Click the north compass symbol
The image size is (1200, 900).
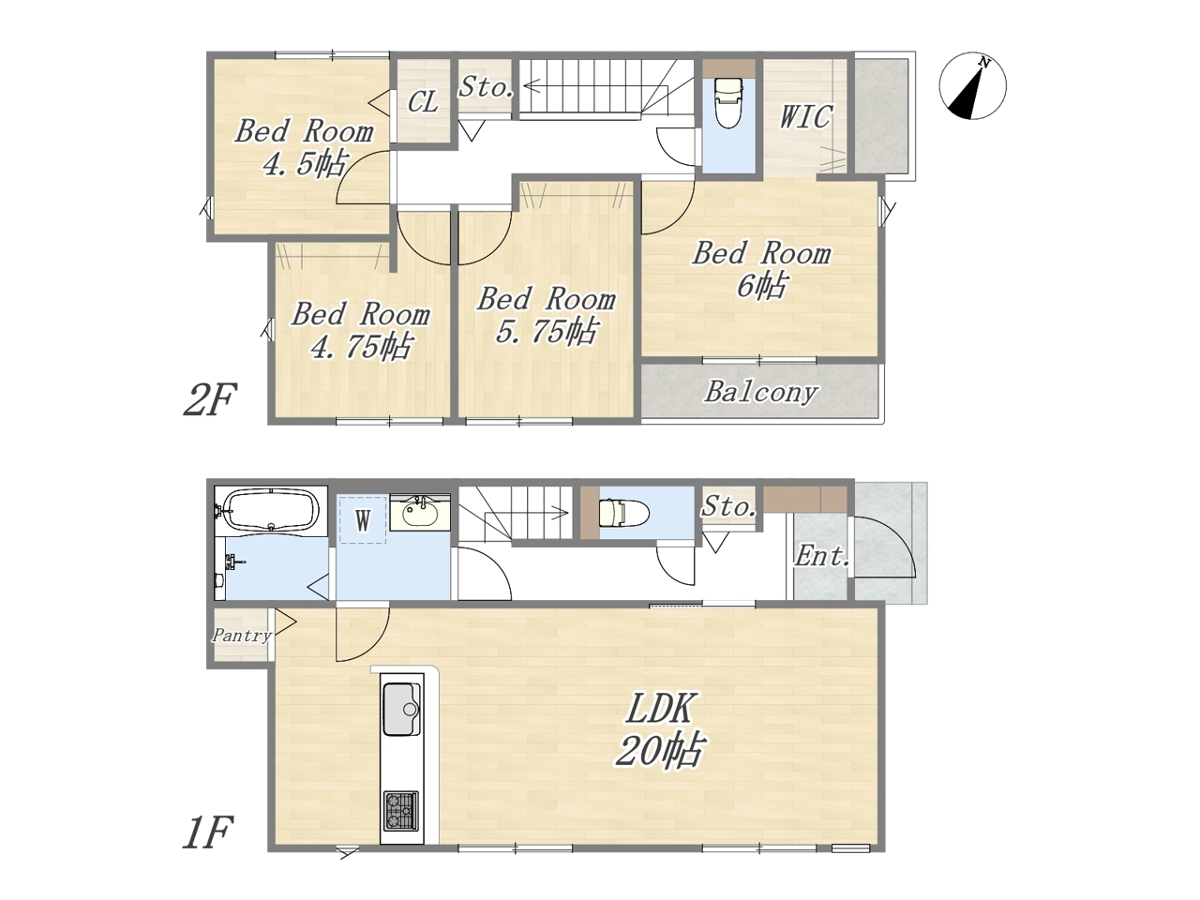972,86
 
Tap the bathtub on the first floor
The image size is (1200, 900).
272,510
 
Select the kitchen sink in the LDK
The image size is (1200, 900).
402,710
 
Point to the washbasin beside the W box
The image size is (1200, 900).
420,513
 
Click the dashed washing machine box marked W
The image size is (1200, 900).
363,519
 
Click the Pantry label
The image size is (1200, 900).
241,635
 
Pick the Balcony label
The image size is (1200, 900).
760,393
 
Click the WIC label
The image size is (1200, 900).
805,116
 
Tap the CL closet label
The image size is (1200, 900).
423,101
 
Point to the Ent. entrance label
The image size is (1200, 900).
821,557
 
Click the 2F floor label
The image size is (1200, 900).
210,399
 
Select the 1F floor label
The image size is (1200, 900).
208,832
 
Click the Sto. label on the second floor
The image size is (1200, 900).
486,86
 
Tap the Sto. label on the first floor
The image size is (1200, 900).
728,506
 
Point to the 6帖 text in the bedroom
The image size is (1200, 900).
762,285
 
